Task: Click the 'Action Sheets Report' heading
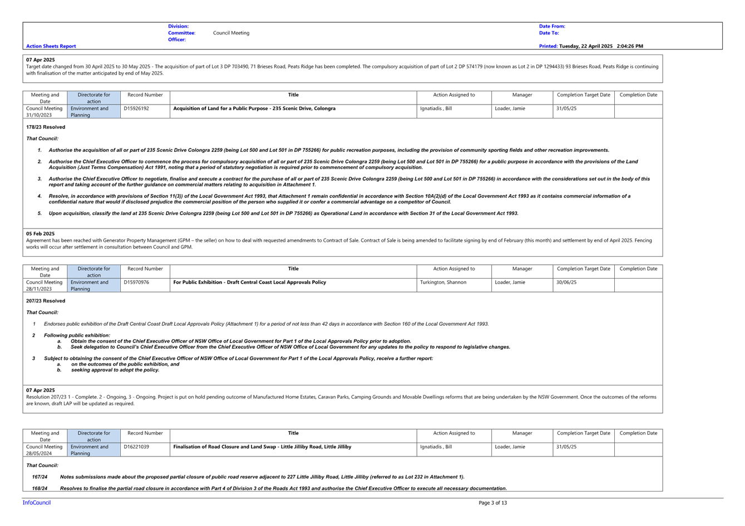[51, 46]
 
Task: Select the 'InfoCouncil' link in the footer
[37, 503]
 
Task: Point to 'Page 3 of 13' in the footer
[492, 503]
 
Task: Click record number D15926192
[136, 108]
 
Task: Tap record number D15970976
[136, 282]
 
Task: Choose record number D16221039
[136, 446]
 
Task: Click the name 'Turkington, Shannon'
[443, 282]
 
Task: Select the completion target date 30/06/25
[566, 282]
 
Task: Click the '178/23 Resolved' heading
[46, 127]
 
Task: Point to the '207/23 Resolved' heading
[46, 301]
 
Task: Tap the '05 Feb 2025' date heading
[40, 234]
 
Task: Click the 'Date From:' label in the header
[552, 26]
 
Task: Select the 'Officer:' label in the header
[177, 39]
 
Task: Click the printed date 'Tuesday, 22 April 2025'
[586, 46]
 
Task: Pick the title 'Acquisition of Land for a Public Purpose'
[221, 108]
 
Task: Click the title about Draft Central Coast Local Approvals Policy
[249, 282]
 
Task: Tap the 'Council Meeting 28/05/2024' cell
[45, 450]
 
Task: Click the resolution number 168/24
[40, 488]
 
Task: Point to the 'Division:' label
[178, 26]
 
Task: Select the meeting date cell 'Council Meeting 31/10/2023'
[45, 112]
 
